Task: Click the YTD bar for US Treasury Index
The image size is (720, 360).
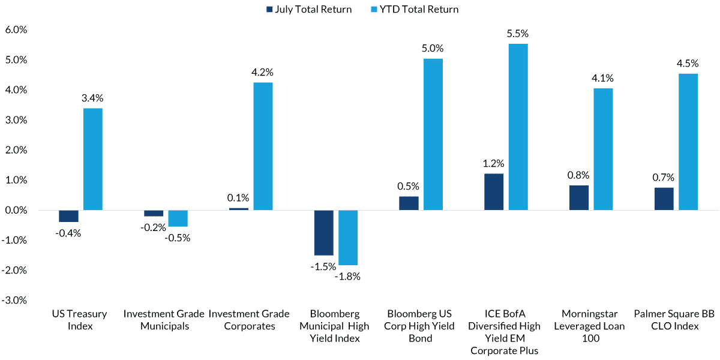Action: click(x=93, y=159)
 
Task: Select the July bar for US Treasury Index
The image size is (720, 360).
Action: click(x=68, y=216)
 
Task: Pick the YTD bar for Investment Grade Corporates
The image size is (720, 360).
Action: click(x=263, y=146)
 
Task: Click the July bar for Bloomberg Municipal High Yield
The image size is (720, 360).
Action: click(x=323, y=233)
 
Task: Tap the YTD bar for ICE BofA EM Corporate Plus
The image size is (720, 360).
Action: click(x=518, y=127)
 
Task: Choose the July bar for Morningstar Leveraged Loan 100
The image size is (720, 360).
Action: click(x=579, y=198)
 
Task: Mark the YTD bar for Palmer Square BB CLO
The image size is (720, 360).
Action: click(x=688, y=142)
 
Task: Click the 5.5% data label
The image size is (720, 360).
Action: click(x=518, y=34)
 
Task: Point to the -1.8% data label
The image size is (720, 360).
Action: click(x=348, y=276)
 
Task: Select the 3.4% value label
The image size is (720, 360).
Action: click(x=93, y=98)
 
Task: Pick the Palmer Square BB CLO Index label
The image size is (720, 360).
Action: click(x=676, y=320)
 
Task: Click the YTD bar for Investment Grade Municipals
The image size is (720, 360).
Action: click(x=178, y=218)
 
